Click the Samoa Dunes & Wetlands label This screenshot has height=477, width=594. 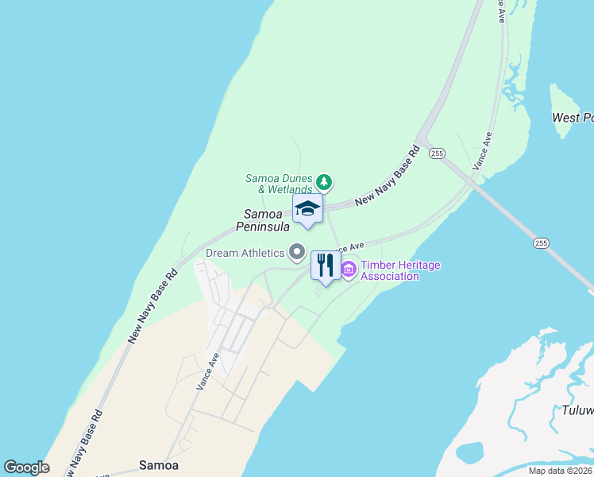279,184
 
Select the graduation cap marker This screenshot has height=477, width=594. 307,210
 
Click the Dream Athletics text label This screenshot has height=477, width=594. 245,253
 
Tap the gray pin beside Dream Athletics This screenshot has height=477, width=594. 298,253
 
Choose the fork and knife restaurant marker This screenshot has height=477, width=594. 326,266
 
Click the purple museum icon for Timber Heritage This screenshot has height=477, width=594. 349,270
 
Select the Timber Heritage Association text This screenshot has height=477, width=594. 399,270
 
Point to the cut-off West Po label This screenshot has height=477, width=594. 573,118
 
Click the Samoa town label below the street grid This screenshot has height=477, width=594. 159,464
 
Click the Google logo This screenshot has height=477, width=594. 27,467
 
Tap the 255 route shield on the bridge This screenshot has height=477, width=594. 541,242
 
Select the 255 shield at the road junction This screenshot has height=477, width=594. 436,153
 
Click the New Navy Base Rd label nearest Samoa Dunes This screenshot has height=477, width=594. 387,177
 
